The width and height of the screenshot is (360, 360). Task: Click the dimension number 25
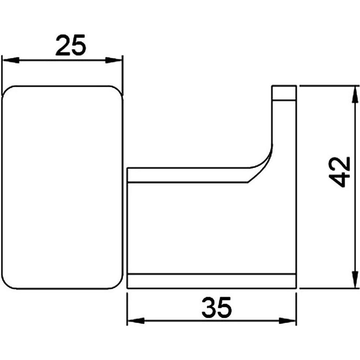(71, 45)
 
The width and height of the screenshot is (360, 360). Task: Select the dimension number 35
(217, 308)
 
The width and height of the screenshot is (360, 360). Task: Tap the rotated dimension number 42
(340, 172)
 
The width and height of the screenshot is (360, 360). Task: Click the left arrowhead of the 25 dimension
(11, 61)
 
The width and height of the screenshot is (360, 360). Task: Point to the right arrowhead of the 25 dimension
(114, 61)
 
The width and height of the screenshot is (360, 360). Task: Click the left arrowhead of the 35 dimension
(136, 321)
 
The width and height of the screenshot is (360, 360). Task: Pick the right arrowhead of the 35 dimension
(287, 321)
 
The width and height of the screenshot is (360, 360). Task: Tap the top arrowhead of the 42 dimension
(355, 94)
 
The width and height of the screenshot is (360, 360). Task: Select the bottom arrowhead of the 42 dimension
(355, 279)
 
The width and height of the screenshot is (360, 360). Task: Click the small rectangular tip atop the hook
(284, 93)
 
